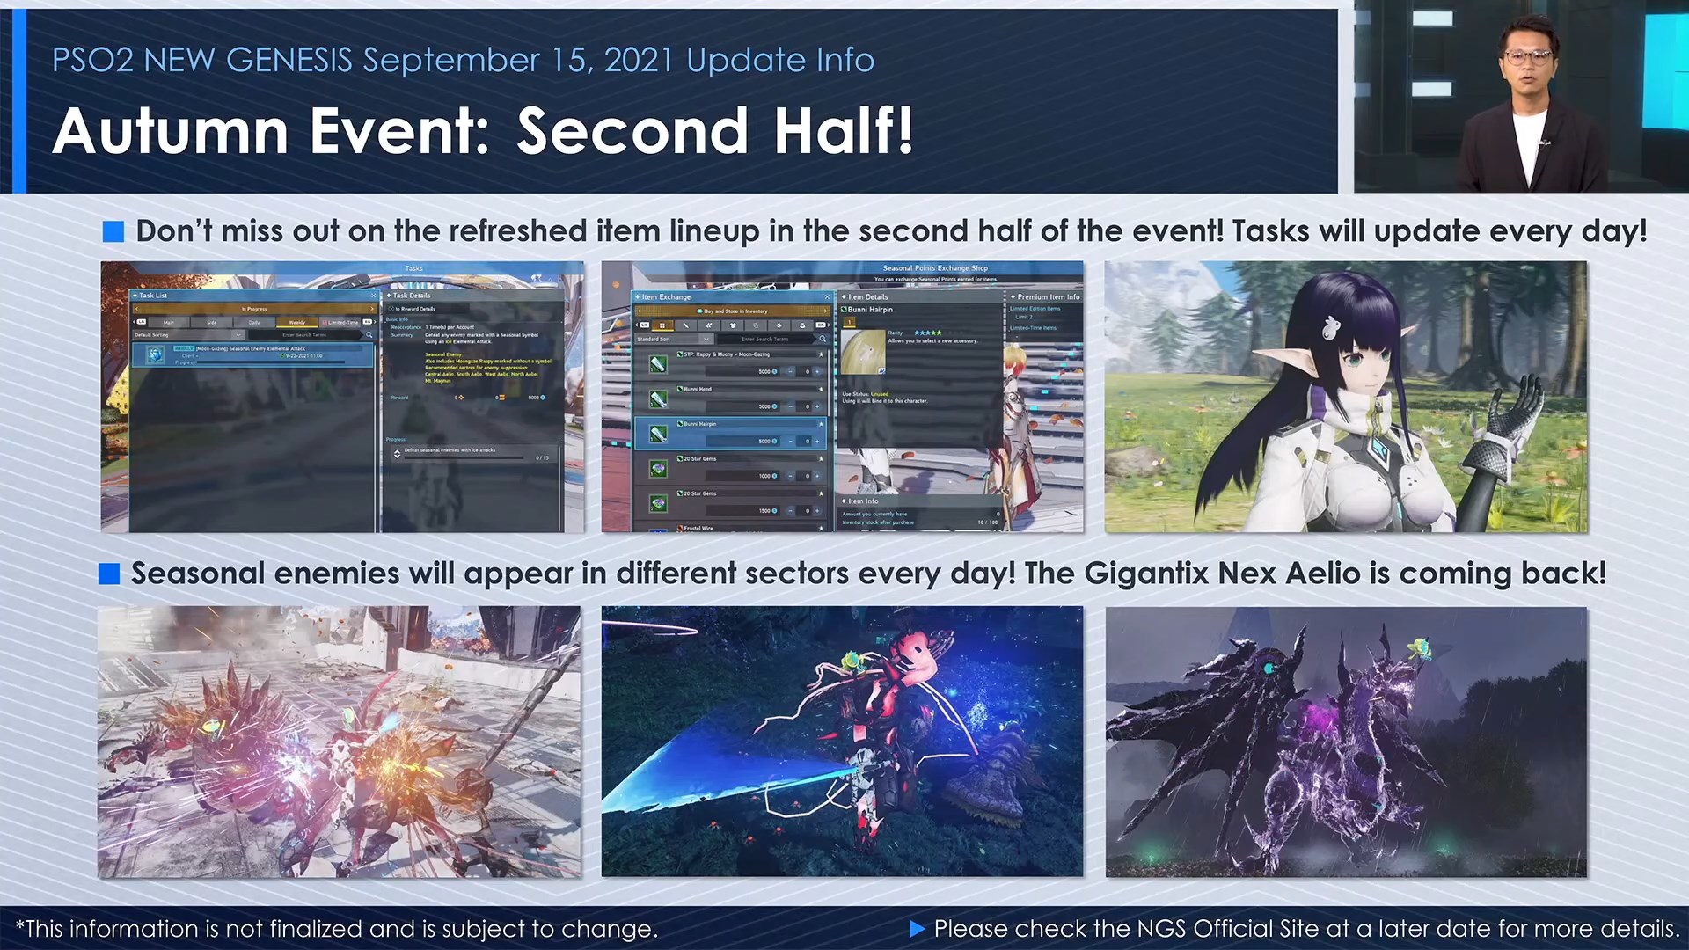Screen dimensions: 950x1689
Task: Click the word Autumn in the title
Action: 170,132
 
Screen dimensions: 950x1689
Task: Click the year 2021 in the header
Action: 639,60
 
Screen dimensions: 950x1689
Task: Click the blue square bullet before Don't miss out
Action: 113,231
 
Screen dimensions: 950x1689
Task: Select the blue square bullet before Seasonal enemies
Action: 109,574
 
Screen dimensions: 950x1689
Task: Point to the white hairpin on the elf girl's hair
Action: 1331,327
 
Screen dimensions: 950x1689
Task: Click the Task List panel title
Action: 153,296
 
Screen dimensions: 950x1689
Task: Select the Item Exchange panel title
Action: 666,297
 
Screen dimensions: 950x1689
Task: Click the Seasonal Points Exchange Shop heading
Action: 934,268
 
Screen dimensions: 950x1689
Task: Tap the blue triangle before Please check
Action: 917,929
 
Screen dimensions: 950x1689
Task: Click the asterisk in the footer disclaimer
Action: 20,925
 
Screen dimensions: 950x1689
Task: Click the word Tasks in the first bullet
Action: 1272,231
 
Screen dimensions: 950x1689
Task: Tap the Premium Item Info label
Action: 1048,297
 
